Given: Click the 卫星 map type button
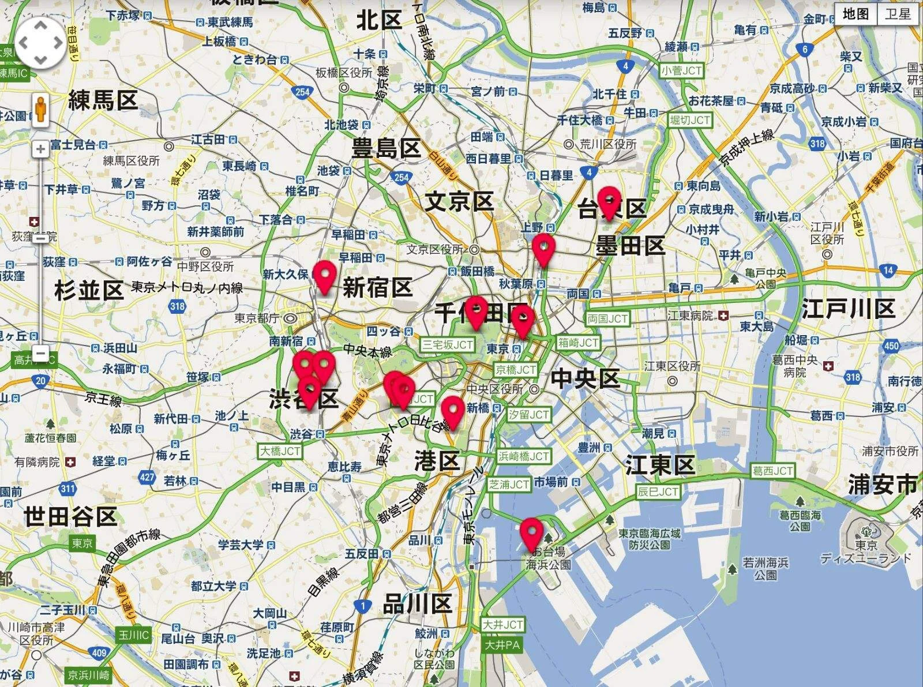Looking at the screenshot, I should tap(898, 14).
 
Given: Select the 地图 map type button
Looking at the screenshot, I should tap(856, 14).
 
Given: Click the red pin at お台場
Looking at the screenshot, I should tap(531, 534).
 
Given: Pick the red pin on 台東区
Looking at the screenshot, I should tap(609, 202).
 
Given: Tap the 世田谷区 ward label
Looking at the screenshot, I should tap(70, 516).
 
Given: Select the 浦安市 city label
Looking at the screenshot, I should tap(882, 485).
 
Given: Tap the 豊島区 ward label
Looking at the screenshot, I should tap(386, 148).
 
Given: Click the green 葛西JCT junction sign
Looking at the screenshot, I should tap(772, 471).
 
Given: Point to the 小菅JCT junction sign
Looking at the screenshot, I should tap(681, 71).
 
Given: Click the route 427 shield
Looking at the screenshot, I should tap(147, 477).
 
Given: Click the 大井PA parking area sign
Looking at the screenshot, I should tap(502, 644).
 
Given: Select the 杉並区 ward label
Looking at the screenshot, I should tap(89, 290).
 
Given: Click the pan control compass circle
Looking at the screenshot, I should tap(40, 43).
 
